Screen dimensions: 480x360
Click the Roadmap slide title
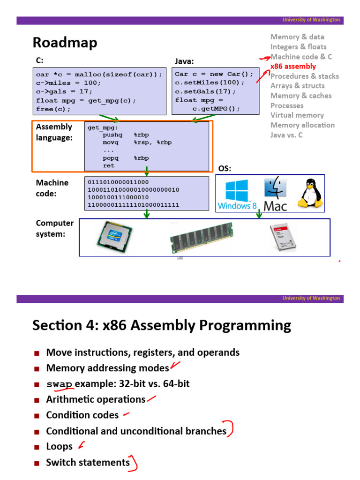point(65,43)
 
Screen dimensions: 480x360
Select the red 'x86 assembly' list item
point(293,67)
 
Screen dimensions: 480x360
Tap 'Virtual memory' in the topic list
point(297,115)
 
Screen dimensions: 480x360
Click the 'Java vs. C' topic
point(286,135)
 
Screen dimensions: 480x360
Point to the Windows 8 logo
point(237,194)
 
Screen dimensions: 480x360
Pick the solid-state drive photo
point(284,238)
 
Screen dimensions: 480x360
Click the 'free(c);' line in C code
point(53,109)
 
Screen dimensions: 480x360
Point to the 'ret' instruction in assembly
point(109,165)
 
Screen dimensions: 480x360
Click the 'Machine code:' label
point(52,188)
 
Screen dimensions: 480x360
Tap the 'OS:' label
point(225,169)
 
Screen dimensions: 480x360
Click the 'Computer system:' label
point(54,228)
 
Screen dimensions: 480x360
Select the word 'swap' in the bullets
point(60,384)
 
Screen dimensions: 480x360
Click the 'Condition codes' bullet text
point(82,415)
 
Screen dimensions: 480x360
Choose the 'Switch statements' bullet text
point(88,463)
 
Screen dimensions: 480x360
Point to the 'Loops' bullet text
point(59,447)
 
